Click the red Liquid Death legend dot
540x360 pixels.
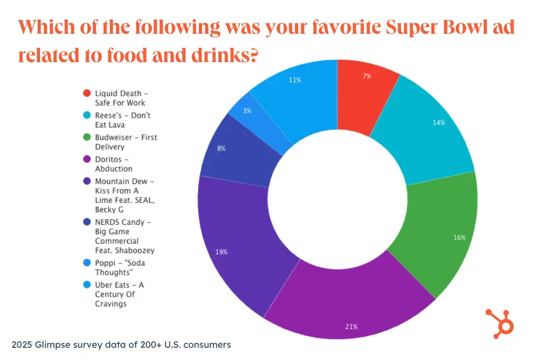pyautogui.click(x=87, y=93)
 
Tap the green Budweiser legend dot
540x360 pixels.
pyautogui.click(x=87, y=137)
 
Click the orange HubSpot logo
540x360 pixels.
pyautogui.click(x=499, y=323)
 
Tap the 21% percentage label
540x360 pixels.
pyautogui.click(x=352, y=326)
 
